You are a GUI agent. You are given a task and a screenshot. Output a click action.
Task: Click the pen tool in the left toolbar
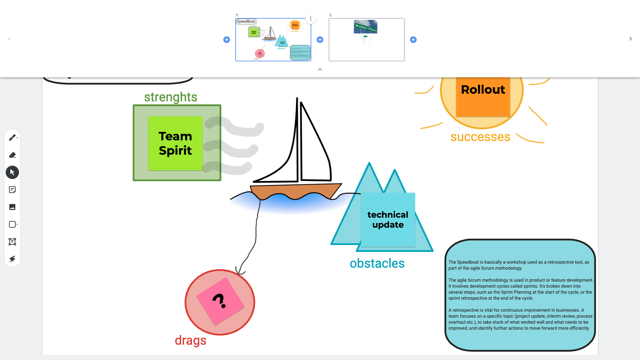click(x=12, y=138)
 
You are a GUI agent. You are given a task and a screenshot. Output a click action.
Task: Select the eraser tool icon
click(x=12, y=155)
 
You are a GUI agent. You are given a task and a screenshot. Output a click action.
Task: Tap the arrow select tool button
click(x=12, y=172)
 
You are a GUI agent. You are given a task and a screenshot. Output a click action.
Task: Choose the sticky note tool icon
click(x=12, y=190)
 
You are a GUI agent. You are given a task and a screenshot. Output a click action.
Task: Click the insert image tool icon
click(x=12, y=207)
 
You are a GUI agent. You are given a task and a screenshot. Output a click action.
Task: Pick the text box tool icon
click(x=12, y=242)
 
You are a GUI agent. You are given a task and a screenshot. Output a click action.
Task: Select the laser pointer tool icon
click(x=12, y=259)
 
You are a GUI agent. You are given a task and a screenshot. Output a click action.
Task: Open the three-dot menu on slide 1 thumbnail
click(x=311, y=19)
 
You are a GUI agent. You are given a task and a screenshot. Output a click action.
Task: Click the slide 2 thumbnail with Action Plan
click(x=366, y=40)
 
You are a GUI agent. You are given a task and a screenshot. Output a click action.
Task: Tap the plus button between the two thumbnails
click(x=320, y=40)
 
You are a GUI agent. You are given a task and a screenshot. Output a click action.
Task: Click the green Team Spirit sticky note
click(x=175, y=143)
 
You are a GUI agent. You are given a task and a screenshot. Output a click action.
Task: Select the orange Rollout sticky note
click(x=483, y=97)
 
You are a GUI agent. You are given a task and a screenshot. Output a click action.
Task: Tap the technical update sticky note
click(x=388, y=220)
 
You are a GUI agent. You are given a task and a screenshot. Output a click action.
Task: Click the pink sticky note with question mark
click(x=220, y=301)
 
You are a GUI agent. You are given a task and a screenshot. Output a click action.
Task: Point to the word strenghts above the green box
click(x=171, y=97)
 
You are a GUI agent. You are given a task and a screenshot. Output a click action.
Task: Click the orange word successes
click(x=480, y=137)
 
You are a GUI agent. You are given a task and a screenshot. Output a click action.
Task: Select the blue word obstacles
click(x=377, y=263)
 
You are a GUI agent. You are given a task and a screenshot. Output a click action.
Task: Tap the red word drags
click(x=191, y=340)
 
